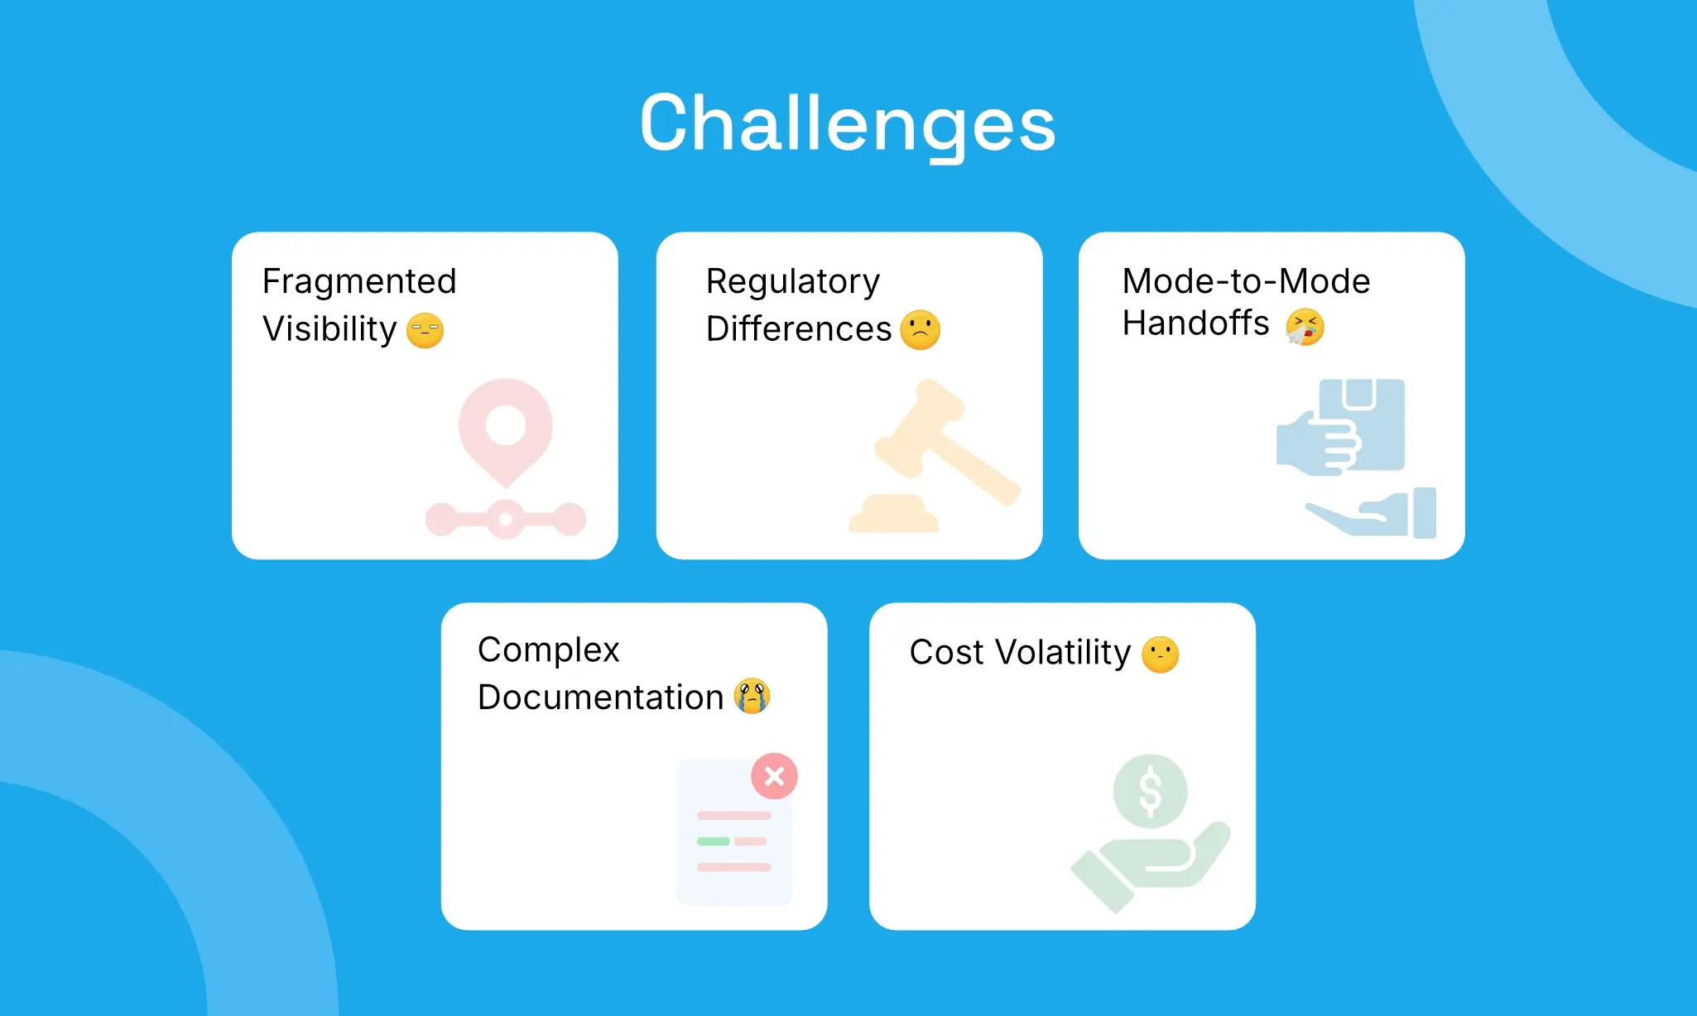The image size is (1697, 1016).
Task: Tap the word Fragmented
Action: pos(359,281)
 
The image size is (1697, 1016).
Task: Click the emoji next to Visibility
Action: pos(425,330)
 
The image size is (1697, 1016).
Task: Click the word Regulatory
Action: pos(792,281)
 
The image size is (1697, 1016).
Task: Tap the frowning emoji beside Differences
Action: pos(920,330)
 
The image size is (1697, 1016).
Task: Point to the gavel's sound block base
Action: pos(894,515)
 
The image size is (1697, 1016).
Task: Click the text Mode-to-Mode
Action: pos(1246,281)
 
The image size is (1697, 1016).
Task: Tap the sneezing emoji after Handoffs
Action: pos(1305,326)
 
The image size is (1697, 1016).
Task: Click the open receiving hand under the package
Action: pos(1374,515)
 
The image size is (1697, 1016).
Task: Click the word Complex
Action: pos(548,649)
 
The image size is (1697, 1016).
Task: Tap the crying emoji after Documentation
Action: pos(752,696)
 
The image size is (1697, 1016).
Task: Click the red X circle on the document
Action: pos(774,776)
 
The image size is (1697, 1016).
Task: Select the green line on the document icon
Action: pos(713,841)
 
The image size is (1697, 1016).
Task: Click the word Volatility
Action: pos(1063,652)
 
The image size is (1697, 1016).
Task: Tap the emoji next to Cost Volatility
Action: pos(1160,654)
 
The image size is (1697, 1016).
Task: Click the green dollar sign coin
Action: pos(1151,791)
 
